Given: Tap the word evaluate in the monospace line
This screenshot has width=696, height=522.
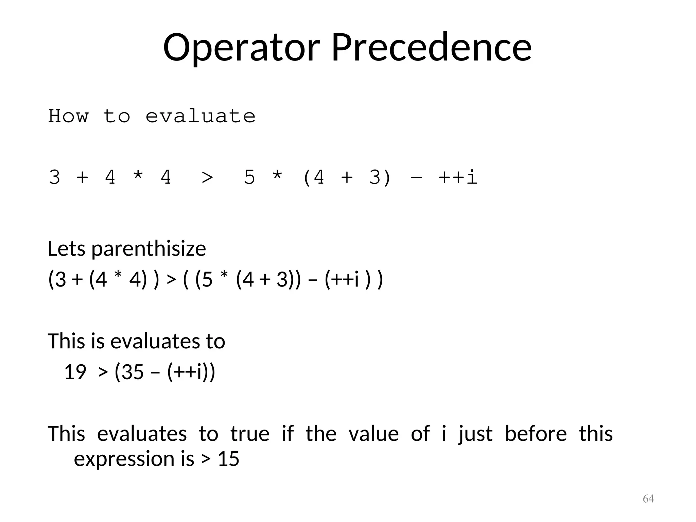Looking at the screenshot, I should [x=200, y=116].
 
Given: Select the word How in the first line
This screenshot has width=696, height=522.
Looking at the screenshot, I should [x=68, y=116].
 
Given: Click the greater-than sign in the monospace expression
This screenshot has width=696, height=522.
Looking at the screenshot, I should [x=207, y=177].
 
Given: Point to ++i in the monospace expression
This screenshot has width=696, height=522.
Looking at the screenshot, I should [x=458, y=177].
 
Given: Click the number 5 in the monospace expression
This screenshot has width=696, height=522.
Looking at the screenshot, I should [x=249, y=177].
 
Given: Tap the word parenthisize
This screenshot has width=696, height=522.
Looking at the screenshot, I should [x=149, y=249].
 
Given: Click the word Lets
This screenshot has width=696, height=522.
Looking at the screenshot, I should [x=67, y=249].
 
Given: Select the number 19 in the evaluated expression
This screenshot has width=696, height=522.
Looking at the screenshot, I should [x=75, y=372].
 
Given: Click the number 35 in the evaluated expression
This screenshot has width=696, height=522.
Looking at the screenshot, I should [x=133, y=372].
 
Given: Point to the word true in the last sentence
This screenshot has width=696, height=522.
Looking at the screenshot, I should [x=250, y=434].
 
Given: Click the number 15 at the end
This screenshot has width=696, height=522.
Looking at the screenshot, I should [x=228, y=459].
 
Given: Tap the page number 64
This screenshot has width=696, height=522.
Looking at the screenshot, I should [x=648, y=499].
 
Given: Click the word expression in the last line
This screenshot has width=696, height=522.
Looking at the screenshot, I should [x=124, y=459].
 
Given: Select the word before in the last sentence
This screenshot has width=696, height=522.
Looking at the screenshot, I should [x=536, y=434].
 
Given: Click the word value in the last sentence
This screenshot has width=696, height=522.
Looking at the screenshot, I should [x=373, y=434].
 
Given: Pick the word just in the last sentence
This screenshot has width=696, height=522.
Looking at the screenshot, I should [x=475, y=434].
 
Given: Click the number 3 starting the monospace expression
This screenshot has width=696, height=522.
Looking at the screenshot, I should [x=54, y=177].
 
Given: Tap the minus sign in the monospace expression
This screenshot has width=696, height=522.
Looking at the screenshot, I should [x=416, y=177].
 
